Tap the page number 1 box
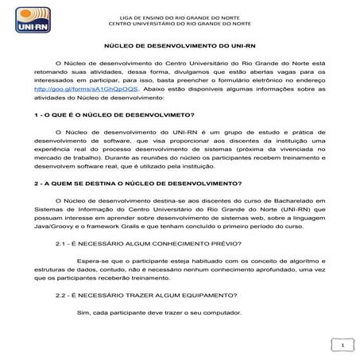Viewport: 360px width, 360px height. (x=342, y=346)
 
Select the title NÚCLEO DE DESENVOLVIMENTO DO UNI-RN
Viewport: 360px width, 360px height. (x=179, y=47)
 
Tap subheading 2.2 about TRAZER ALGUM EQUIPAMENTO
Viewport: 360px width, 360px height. (x=152, y=295)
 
